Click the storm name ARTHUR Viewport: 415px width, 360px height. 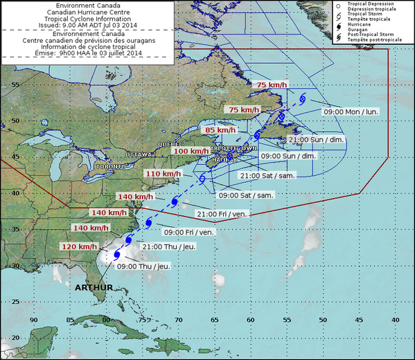pos(93,286)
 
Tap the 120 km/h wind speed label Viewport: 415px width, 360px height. pos(79,246)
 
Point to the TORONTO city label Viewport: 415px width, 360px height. pos(110,167)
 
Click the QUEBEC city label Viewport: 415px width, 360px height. pos(169,143)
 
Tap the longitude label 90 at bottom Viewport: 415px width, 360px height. pos(34,319)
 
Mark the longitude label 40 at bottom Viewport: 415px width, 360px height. pos(395,319)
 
